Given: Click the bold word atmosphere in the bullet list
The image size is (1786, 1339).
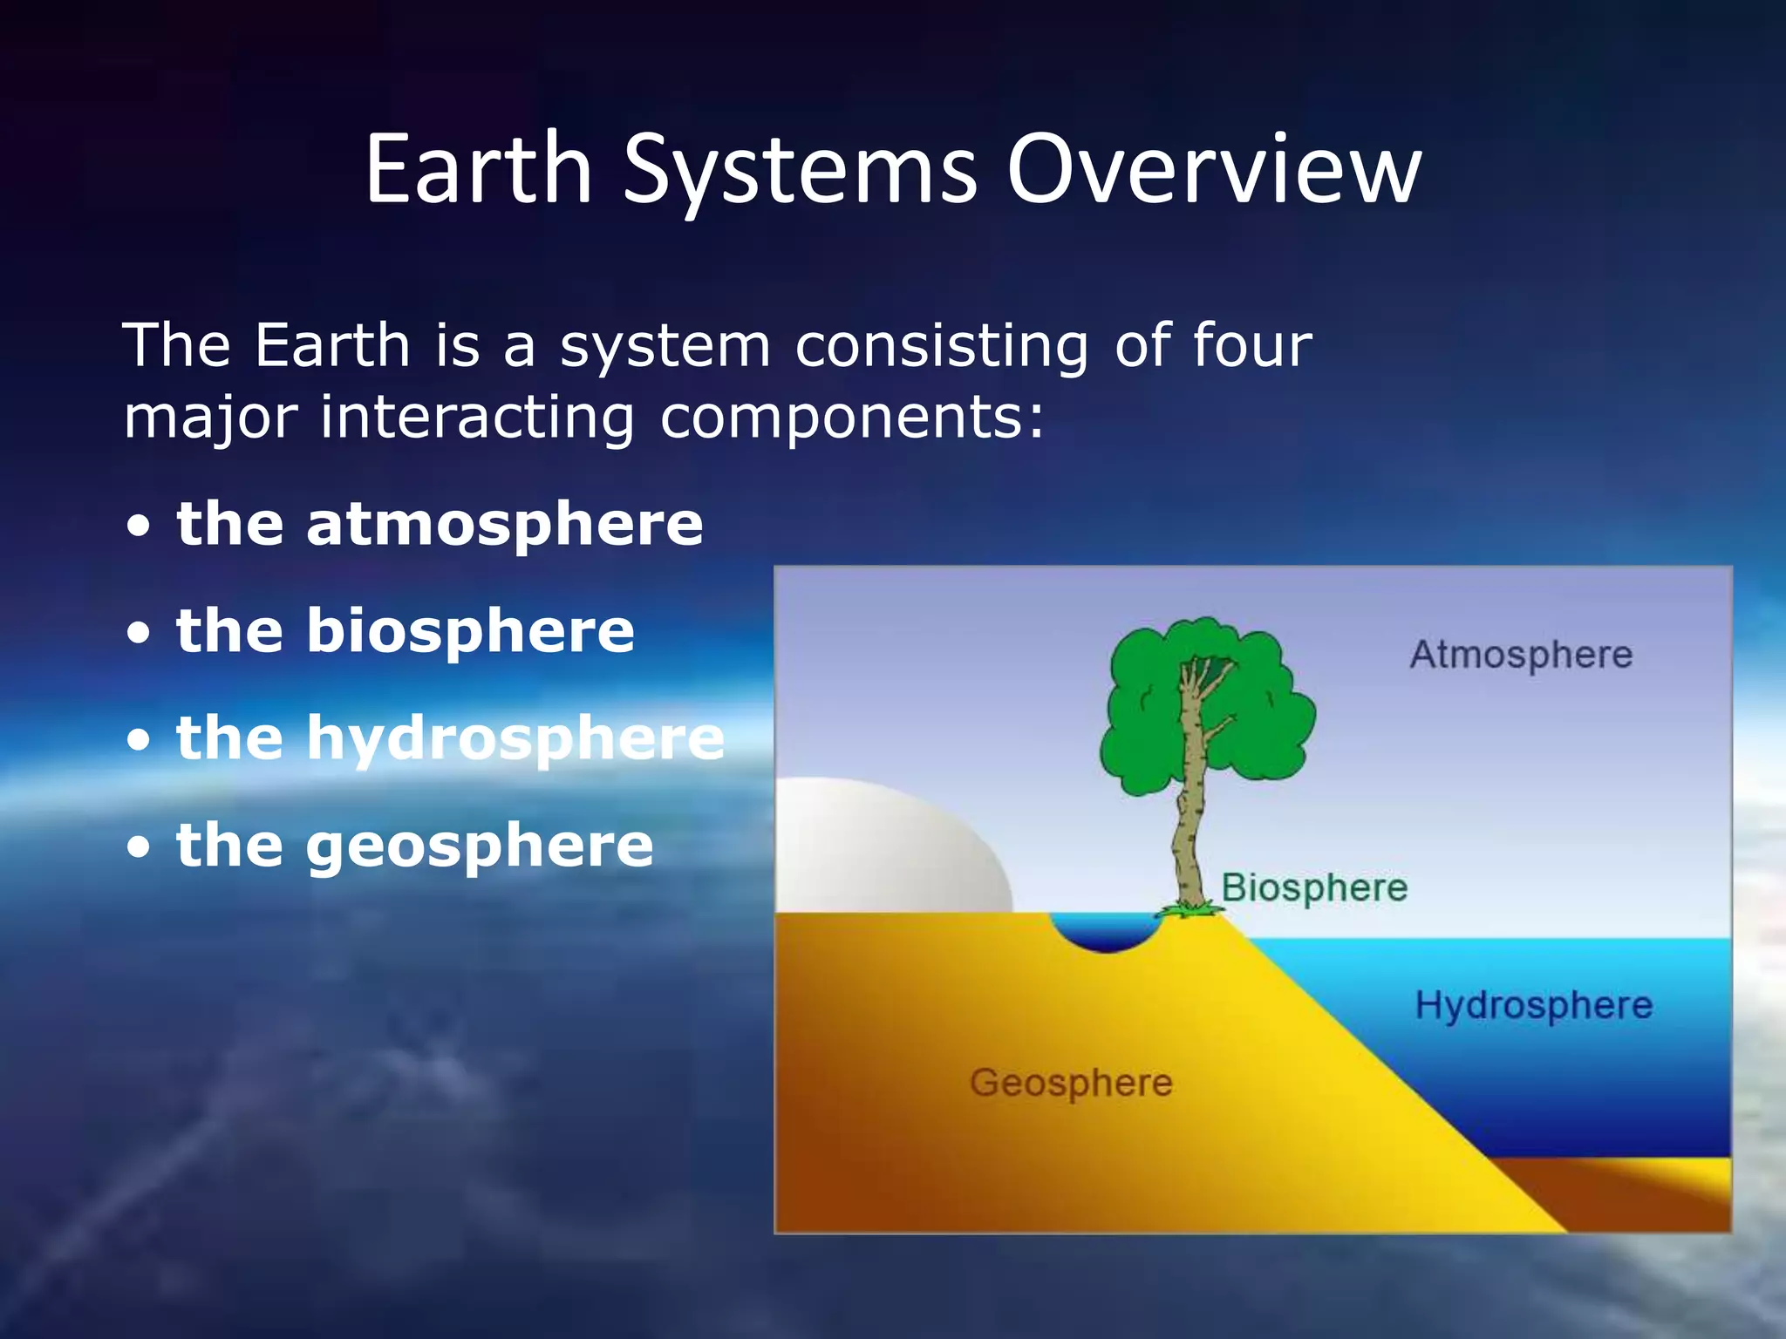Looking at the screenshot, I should [x=504, y=524].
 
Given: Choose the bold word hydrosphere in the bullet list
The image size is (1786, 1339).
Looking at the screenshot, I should [x=515, y=739].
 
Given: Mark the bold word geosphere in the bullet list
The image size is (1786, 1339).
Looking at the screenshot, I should [x=479, y=846].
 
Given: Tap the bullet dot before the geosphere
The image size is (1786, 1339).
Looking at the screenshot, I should [x=139, y=848].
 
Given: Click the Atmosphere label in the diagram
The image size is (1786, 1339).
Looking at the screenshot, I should [x=1521, y=655].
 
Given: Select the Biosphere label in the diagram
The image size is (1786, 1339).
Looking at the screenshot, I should [x=1314, y=888].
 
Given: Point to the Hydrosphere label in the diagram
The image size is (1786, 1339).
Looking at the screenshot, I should [x=1533, y=1005].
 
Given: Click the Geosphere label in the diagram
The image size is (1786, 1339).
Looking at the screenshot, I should [x=1071, y=1083].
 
